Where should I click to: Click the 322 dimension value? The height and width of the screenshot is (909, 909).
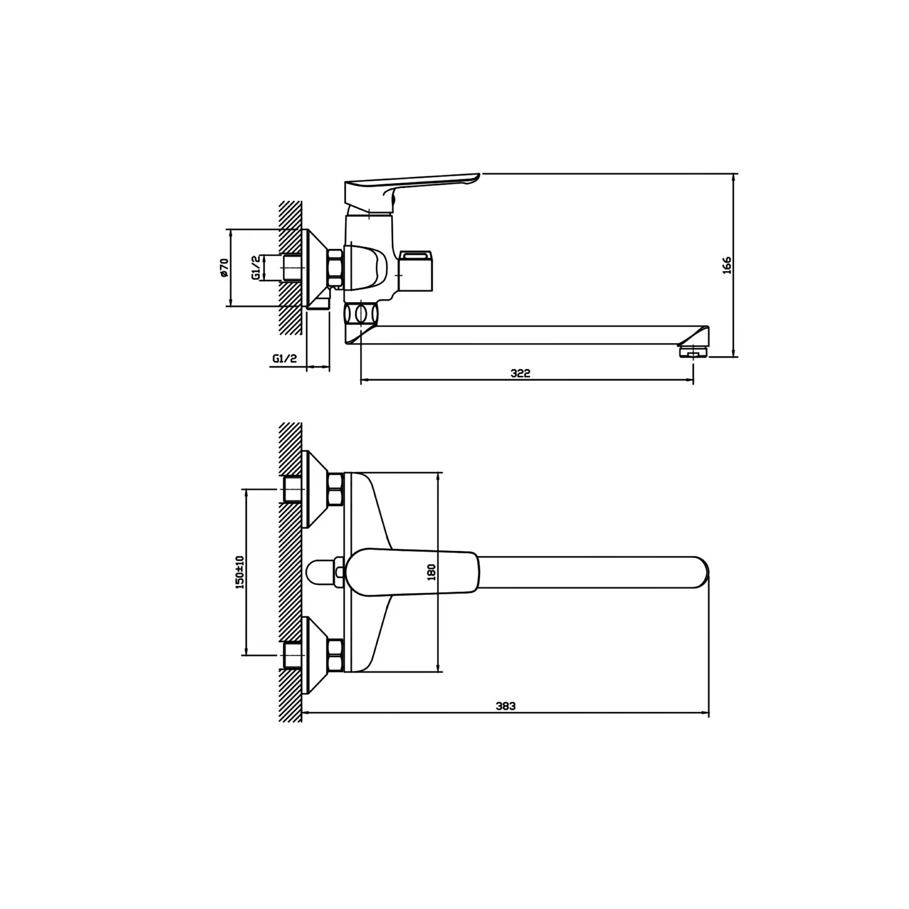point(520,373)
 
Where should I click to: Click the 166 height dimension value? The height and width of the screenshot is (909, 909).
point(727,265)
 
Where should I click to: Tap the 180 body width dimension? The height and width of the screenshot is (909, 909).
point(431,572)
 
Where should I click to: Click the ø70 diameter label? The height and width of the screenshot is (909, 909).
point(224,267)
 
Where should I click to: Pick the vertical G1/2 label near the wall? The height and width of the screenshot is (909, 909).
point(256,268)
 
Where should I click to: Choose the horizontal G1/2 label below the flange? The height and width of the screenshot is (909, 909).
point(285,359)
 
